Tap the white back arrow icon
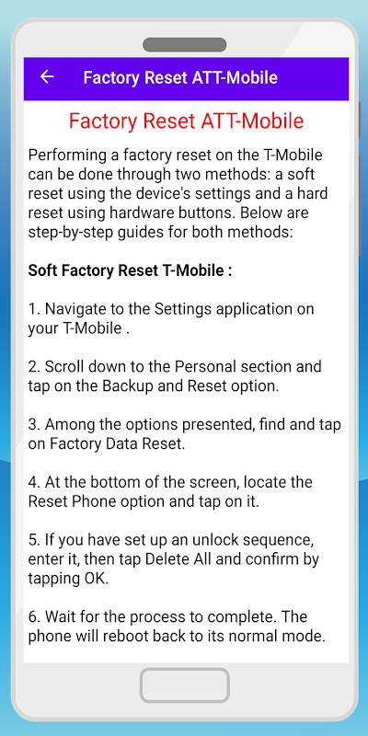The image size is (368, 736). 47,77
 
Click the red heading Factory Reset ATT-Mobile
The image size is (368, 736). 187,121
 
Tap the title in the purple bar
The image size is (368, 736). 180,77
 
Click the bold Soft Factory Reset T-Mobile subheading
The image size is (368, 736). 130,270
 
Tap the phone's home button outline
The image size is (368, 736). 185,685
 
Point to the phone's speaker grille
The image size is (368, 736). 185,45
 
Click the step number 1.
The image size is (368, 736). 33,309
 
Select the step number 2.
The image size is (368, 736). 33,366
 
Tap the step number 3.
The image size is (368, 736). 33,424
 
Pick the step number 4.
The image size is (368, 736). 33,482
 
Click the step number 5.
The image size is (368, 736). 33,540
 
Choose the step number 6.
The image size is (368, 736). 33,616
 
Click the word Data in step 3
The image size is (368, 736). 119,443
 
